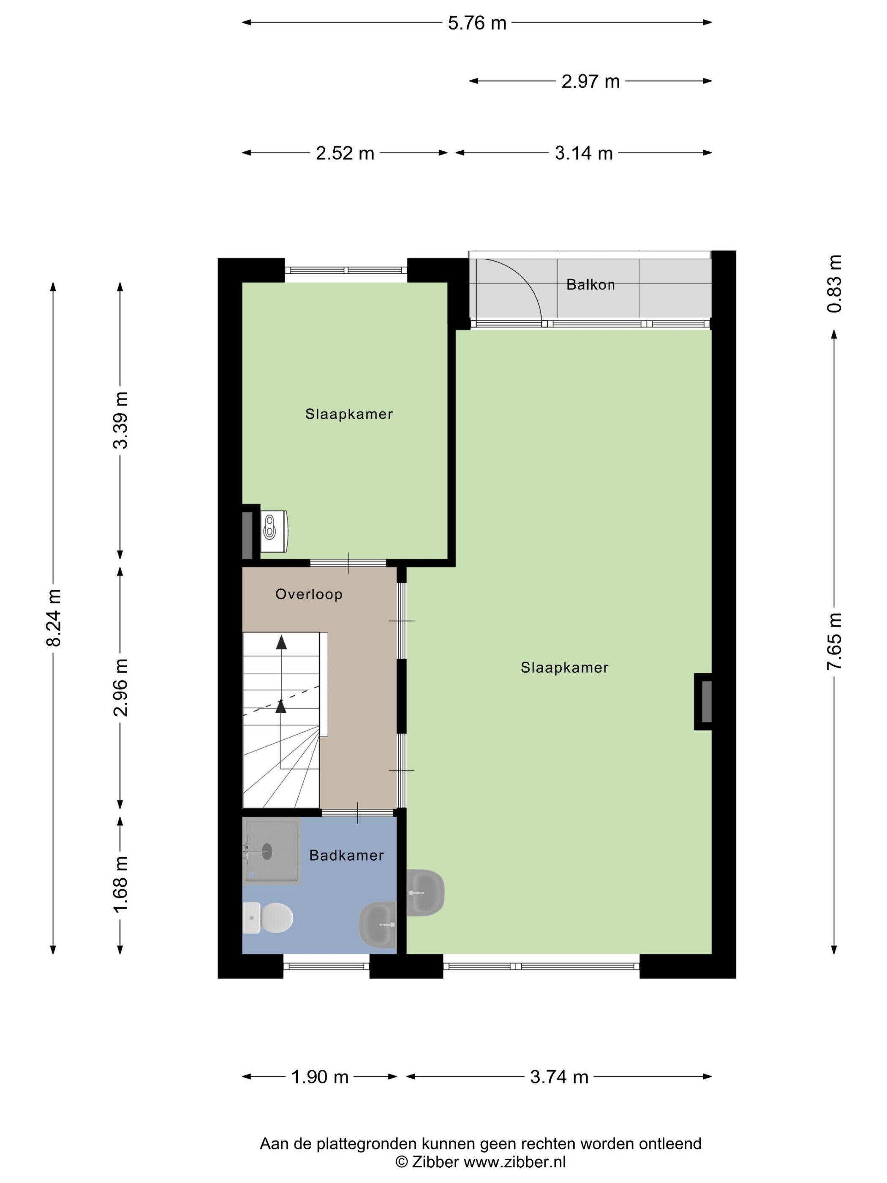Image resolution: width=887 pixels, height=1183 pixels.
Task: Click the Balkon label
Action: (x=590, y=284)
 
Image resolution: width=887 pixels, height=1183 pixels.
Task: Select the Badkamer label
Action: (x=346, y=855)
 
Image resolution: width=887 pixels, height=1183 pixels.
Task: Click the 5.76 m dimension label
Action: (x=477, y=23)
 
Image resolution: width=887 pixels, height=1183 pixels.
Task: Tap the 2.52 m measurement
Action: (x=345, y=153)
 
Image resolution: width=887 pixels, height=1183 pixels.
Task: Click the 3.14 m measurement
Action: (x=583, y=153)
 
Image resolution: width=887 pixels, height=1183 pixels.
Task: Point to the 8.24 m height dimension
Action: (x=54, y=618)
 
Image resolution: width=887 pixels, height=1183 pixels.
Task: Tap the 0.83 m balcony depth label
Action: (x=835, y=284)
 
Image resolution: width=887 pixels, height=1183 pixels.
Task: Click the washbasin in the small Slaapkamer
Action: (x=274, y=532)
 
